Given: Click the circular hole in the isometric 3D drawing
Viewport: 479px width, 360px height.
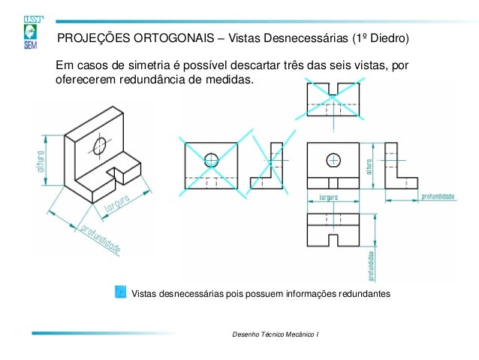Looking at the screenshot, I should tap(100, 144).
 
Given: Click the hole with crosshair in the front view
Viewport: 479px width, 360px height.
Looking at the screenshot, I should tap(333, 159).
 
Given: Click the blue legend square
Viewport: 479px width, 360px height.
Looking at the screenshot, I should tap(120, 291).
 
